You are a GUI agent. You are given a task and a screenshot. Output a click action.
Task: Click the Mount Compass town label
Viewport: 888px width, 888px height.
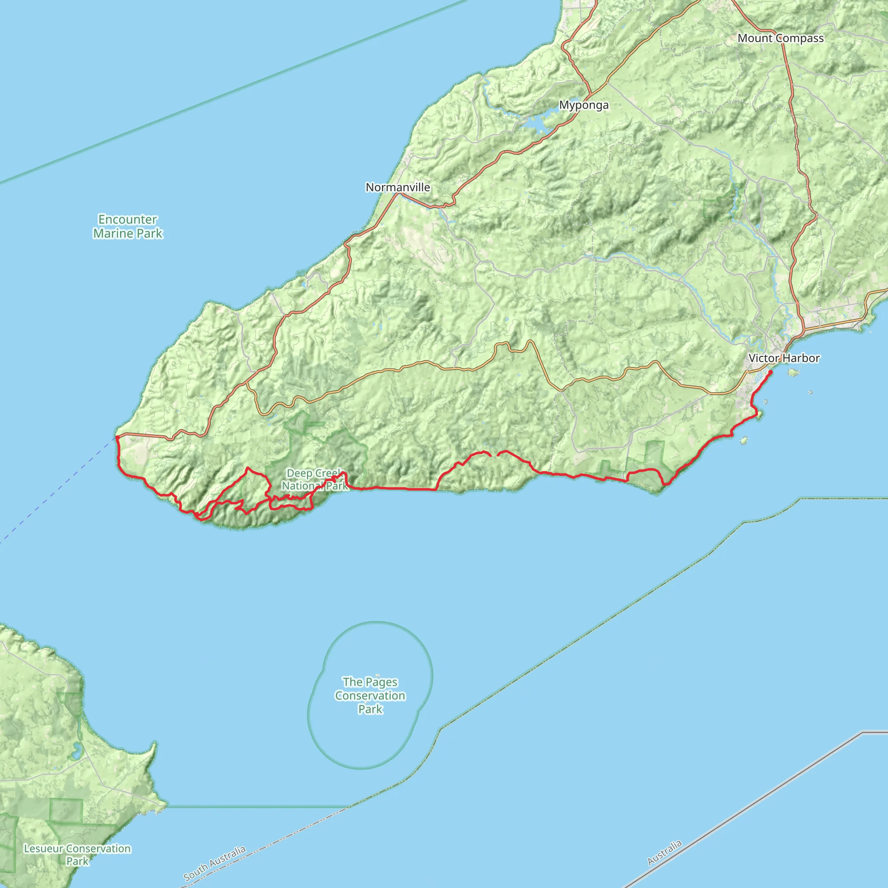[x=780, y=38]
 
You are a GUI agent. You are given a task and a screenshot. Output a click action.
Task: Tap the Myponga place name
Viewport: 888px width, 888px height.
[x=584, y=105]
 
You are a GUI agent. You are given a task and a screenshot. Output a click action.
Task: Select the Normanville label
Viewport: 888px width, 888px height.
[x=398, y=187]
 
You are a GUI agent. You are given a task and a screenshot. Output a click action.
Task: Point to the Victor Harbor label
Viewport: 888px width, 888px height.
[x=784, y=358]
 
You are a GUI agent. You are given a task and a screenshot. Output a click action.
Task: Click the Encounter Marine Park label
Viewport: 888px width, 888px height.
[x=128, y=227]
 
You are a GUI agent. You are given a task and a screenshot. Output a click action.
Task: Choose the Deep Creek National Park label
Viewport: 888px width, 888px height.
[x=314, y=480]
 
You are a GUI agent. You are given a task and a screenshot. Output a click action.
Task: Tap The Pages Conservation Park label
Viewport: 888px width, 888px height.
[x=370, y=695]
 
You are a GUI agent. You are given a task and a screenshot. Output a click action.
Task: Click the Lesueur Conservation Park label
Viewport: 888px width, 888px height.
[x=77, y=855]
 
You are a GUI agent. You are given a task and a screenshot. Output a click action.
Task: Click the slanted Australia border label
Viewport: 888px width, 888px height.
[x=664, y=852]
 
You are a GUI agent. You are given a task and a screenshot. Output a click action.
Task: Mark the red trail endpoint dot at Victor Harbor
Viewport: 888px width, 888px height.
[x=770, y=372]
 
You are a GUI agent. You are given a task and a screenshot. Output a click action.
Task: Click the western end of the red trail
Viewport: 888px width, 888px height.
[x=117, y=437]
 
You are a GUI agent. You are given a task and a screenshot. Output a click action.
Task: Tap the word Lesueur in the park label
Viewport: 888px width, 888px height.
[x=44, y=849]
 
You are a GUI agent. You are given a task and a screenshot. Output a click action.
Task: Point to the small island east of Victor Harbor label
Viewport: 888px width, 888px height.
[x=793, y=372]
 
